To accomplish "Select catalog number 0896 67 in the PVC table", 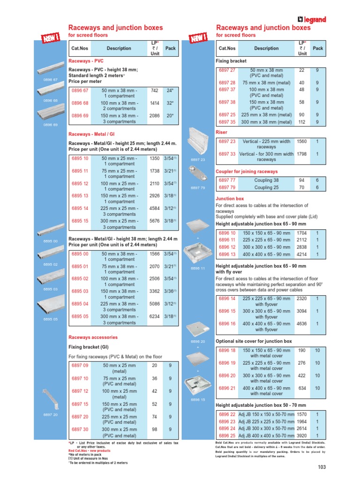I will (80, 90).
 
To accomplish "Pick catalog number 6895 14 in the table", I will (80, 208).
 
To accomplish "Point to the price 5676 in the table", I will (154, 220).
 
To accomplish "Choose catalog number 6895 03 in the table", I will (80, 291).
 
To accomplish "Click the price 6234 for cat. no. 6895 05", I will (154, 316).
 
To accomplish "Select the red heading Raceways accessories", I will (93, 337).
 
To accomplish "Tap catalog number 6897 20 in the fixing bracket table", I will (80, 416).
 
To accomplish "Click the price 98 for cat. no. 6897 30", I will (155, 429).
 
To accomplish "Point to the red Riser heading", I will (221, 132).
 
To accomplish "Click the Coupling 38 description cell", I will (266, 180).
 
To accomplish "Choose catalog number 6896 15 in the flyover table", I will (227, 311).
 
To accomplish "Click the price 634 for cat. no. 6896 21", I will (302, 388).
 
